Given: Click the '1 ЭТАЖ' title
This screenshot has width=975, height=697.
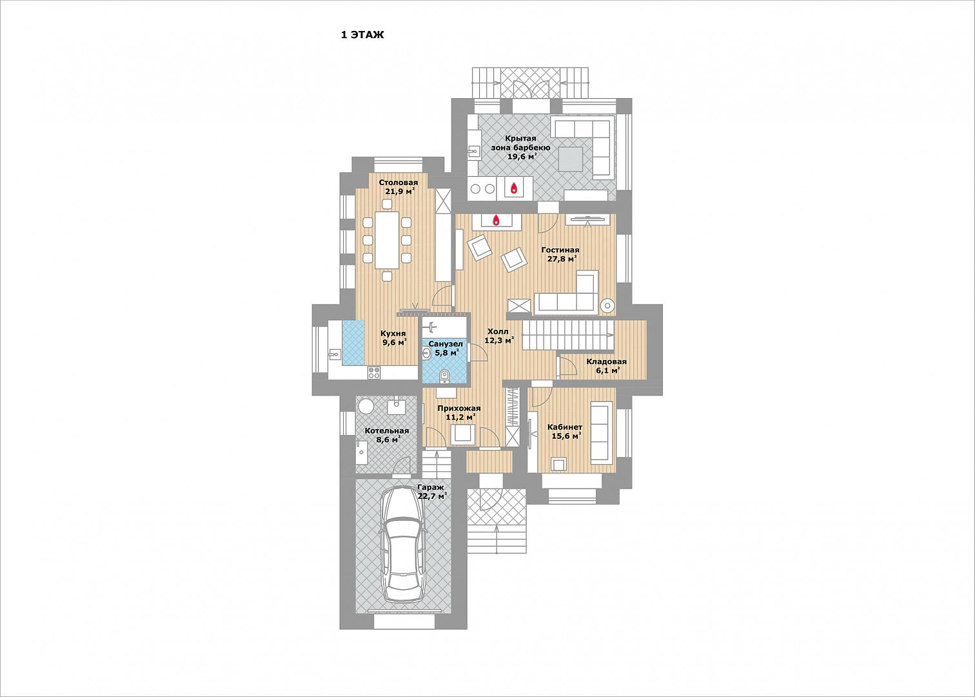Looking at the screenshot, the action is pyautogui.click(x=362, y=35).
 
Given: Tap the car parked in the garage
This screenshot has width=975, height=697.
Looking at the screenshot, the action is pyautogui.click(x=402, y=544).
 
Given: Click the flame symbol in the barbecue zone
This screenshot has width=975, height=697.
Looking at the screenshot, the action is pyautogui.click(x=514, y=188).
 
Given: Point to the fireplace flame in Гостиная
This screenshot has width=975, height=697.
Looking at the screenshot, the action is pyautogui.click(x=496, y=221).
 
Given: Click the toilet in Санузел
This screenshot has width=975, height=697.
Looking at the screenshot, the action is pyautogui.click(x=444, y=376).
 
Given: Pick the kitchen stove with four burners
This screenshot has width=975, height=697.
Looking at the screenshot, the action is pyautogui.click(x=374, y=372).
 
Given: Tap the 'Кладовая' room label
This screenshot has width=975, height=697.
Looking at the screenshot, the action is pyautogui.click(x=606, y=361).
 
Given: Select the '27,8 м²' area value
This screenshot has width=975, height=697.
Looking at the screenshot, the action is pyautogui.click(x=562, y=259).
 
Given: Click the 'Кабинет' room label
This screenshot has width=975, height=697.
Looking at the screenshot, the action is pyautogui.click(x=565, y=427).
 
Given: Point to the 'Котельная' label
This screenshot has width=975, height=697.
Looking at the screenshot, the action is pyautogui.click(x=387, y=431).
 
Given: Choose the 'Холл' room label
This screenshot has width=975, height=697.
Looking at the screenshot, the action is pyautogui.click(x=498, y=331).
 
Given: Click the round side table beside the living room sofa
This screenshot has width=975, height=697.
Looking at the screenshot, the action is pyautogui.click(x=607, y=306).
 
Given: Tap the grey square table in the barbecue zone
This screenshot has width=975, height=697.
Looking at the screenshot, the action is pyautogui.click(x=570, y=159).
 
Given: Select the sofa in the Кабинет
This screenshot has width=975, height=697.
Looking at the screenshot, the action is pyautogui.click(x=602, y=432).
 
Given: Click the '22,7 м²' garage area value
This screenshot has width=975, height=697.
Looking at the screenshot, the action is pyautogui.click(x=432, y=496).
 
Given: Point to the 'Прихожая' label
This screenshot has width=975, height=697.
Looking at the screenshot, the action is pyautogui.click(x=459, y=408).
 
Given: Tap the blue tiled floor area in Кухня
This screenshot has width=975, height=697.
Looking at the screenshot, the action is pyautogui.click(x=353, y=343).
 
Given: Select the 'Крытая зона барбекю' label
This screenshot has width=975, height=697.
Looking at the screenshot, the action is pyautogui.click(x=520, y=143).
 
